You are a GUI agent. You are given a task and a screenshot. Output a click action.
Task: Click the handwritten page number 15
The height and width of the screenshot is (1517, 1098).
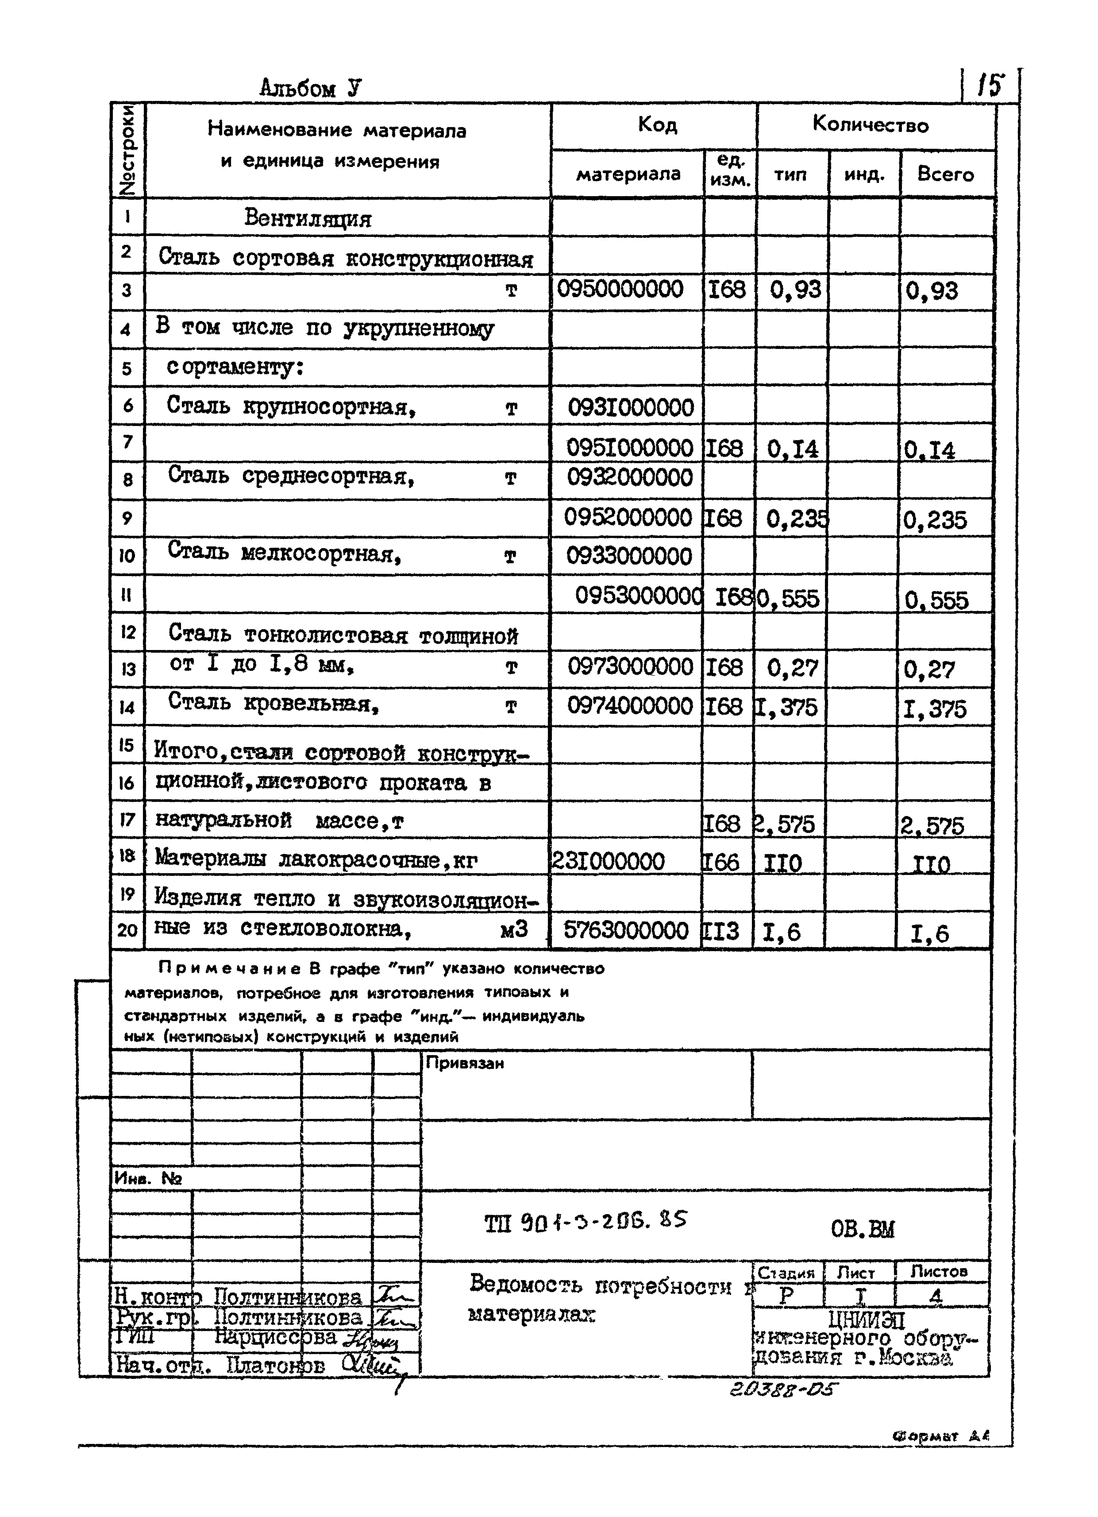[990, 85]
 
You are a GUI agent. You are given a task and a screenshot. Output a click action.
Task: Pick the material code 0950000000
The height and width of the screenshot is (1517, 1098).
[620, 290]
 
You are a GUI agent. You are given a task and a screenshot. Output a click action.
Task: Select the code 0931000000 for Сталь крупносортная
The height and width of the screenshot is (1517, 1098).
[631, 407]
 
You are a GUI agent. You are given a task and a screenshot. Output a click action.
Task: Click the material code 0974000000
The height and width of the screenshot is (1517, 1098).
[629, 706]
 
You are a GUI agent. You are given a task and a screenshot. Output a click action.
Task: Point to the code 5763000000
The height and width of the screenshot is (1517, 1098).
[625, 930]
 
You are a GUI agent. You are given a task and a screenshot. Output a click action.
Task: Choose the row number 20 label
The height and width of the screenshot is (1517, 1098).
[127, 930]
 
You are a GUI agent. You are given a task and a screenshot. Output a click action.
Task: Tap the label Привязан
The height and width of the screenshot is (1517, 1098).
[465, 1064]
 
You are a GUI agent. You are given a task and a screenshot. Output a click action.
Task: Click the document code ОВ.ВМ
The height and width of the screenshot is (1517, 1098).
[862, 1229]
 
